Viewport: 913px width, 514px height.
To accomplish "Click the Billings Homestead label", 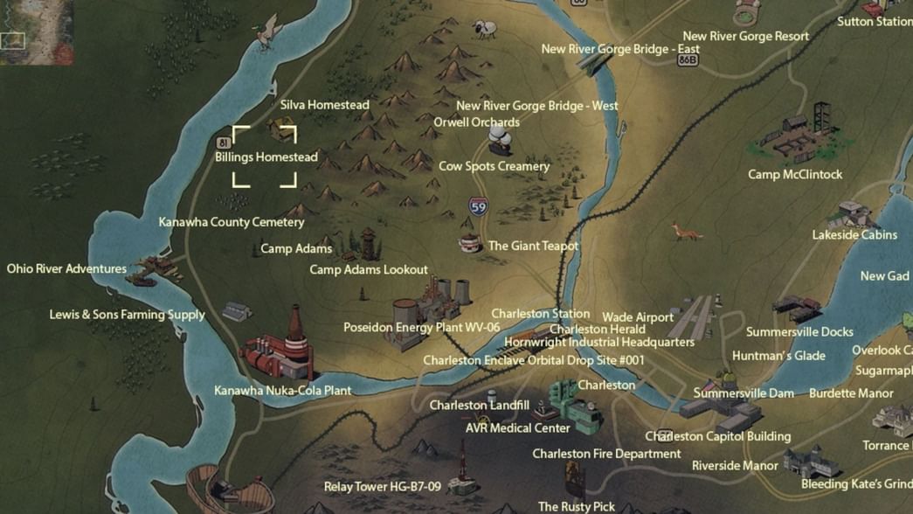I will coord(266,157).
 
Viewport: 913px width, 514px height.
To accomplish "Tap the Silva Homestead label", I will coord(325,105).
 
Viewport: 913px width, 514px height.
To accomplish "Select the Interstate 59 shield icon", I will coord(478,207).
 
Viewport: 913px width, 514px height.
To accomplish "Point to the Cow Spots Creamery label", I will coord(494,166).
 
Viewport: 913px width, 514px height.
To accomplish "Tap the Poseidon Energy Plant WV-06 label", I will coord(421,328).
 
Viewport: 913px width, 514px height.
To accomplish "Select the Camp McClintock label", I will coord(795,174).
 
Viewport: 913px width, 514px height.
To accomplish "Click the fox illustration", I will coord(686,232).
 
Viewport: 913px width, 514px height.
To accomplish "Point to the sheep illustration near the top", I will coord(483,30).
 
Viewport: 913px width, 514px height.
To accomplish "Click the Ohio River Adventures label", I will coord(66,268).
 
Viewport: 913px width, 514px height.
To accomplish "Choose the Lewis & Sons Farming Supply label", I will coord(128,315).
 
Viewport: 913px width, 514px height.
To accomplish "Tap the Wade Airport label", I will coord(638,317).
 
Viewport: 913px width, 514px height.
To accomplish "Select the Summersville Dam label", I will coord(744,393).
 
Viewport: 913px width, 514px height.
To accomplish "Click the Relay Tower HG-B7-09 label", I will coord(383,487).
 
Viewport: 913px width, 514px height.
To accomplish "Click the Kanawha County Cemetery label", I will coord(232,222).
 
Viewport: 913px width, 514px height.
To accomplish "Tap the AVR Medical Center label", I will coord(518,428).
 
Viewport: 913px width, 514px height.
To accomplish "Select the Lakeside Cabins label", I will coord(854,235).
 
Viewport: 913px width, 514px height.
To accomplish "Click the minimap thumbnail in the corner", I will coord(24,32).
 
